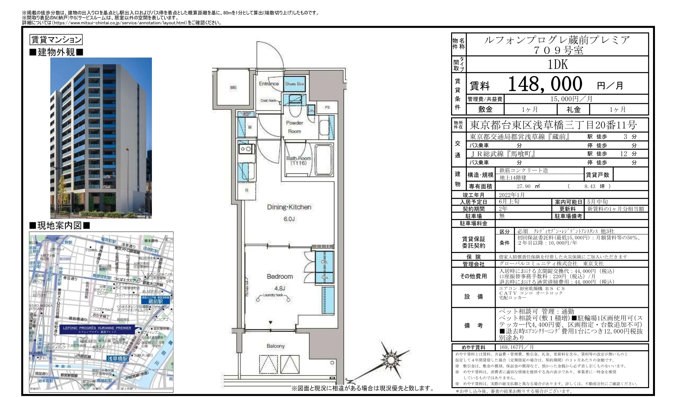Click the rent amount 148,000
(545, 84)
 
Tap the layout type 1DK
(558, 64)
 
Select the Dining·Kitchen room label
(289, 207)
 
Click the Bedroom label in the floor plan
(279, 277)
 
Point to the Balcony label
(276, 346)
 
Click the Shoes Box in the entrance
(294, 84)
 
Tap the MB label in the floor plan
(233, 87)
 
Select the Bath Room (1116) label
(298, 161)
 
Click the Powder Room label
(294, 127)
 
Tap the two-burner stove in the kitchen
(246, 149)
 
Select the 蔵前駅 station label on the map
(156, 301)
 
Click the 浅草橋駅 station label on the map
(117, 359)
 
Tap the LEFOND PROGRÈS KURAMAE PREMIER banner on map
(97, 330)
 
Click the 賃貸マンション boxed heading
(56, 40)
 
